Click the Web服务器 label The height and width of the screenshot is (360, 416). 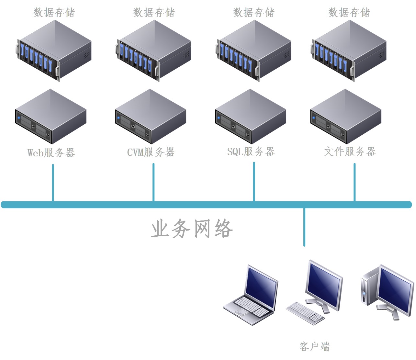51,152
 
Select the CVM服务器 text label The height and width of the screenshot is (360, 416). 151,152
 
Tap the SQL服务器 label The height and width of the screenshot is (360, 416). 251,151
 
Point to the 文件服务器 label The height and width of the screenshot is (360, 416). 350,151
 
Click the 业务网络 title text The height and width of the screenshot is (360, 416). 192,229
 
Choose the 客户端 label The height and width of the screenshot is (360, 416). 314,346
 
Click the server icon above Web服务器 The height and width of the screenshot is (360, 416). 51,117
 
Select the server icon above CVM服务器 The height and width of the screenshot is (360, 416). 151,117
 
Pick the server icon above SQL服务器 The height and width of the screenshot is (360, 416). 251,117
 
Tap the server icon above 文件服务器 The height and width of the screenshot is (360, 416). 346,117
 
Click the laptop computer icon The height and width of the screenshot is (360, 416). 251,296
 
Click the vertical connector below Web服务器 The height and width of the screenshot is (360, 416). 53,183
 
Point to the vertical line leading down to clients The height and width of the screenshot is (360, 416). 304,227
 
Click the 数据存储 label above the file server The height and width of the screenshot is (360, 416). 349,13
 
